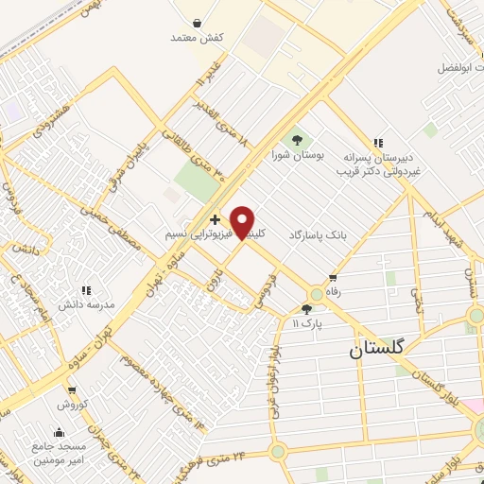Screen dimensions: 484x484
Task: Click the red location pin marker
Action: click(x=243, y=221)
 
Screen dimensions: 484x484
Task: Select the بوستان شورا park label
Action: click(x=299, y=155)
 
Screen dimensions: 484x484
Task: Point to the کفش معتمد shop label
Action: click(x=196, y=38)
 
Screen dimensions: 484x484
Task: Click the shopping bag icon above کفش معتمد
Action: click(x=196, y=23)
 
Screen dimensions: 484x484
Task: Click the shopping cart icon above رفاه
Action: click(x=332, y=278)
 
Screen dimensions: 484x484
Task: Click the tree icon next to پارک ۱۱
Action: click(x=305, y=308)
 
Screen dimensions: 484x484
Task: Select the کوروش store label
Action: click(x=72, y=404)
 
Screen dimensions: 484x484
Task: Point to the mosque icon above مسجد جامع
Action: click(x=59, y=433)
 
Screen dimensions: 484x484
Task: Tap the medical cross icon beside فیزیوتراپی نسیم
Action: click(x=215, y=219)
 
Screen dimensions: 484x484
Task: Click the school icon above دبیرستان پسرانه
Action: click(x=377, y=144)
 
